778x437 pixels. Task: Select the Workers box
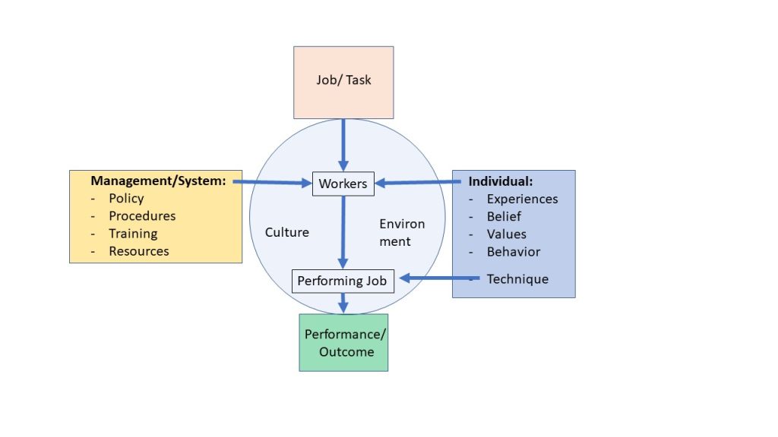[343, 184]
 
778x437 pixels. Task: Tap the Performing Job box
[342, 281]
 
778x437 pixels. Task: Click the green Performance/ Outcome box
[343, 342]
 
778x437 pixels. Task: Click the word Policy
[126, 199]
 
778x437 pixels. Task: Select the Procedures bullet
[142, 216]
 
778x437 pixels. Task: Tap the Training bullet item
[133, 234]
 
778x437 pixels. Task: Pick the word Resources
[139, 251]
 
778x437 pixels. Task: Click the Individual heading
[500, 182]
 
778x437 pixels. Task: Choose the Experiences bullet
[522, 200]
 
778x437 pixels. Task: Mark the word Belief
[504, 217]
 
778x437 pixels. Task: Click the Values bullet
[506, 234]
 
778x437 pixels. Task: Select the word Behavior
[514, 252]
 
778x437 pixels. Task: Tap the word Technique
[517, 279]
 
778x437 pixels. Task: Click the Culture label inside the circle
[287, 232]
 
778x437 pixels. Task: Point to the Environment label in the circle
[402, 232]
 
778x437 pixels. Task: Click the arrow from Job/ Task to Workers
[343, 144]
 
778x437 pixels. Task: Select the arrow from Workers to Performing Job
[343, 231]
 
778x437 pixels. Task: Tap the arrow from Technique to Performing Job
[441, 278]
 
